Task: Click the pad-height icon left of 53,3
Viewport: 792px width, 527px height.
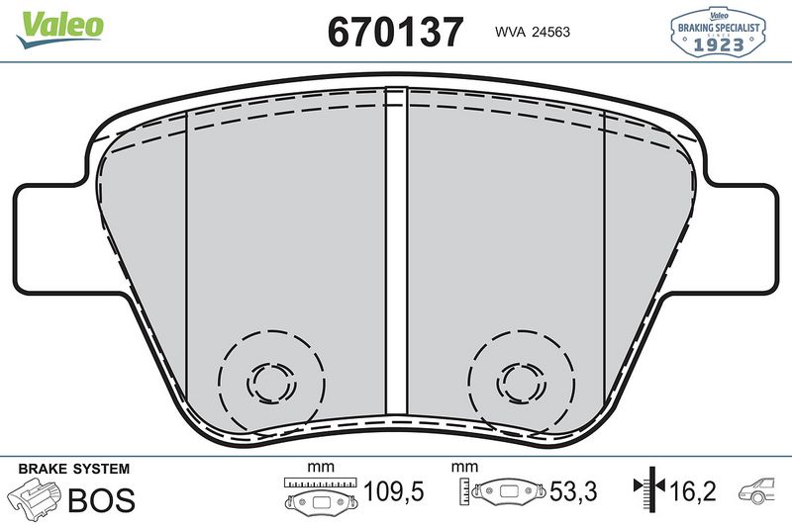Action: (504, 492)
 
